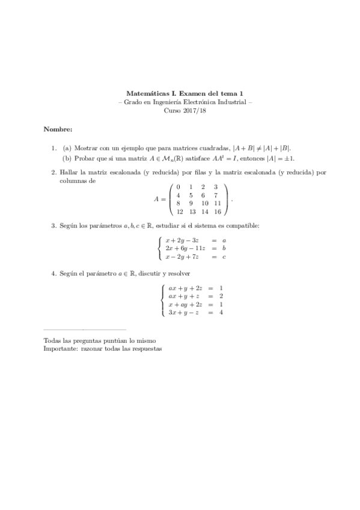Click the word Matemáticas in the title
tap(144, 93)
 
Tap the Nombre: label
tap(58, 129)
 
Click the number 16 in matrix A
tap(216, 212)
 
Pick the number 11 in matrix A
tap(216, 203)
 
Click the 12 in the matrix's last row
tap(179, 212)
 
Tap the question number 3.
tap(53, 226)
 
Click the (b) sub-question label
tap(67, 158)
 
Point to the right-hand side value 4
tap(221, 313)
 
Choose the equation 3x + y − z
tap(185, 313)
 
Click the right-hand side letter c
tap(224, 257)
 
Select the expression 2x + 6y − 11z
tap(185, 248)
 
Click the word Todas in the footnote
tap(52, 340)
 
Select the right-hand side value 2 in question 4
tap(221, 296)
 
